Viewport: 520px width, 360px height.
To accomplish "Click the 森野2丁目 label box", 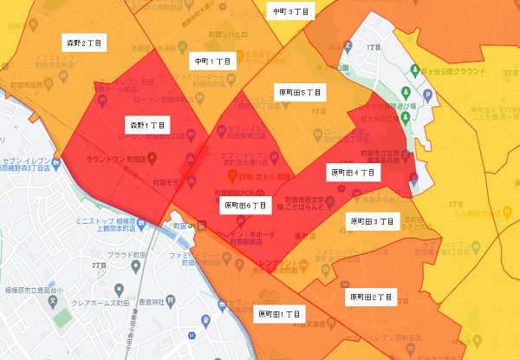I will (x=84, y=43).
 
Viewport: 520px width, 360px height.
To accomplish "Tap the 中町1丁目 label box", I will (x=212, y=62).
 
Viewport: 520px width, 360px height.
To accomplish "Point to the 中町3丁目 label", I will (x=289, y=11).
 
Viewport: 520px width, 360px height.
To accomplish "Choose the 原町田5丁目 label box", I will (x=300, y=91).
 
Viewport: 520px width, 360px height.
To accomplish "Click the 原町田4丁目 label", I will (x=353, y=173).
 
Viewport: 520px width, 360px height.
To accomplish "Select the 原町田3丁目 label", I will (x=373, y=222).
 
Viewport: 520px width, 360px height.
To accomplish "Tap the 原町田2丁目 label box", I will (x=371, y=298).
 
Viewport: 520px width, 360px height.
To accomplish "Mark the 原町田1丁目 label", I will (x=279, y=314).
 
